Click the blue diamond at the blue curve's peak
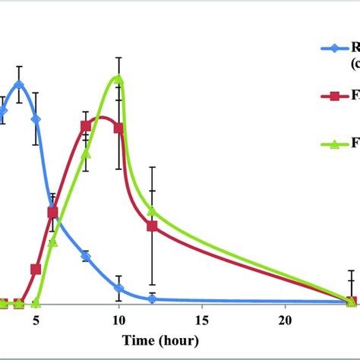click(x=19, y=85)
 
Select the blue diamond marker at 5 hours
click(x=36, y=119)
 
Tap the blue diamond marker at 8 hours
click(x=86, y=257)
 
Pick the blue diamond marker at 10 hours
click(x=118, y=288)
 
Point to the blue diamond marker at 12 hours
click(x=152, y=298)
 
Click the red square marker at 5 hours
click(x=36, y=269)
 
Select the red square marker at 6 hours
click(x=52, y=213)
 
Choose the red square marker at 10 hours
click(x=118, y=128)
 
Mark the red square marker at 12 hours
click(x=152, y=226)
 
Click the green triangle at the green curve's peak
click(x=118, y=78)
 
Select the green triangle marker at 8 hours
click(x=86, y=154)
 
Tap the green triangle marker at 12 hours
click(x=152, y=210)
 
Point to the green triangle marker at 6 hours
click(x=52, y=242)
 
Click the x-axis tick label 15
click(x=202, y=319)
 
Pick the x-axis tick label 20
click(x=285, y=319)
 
